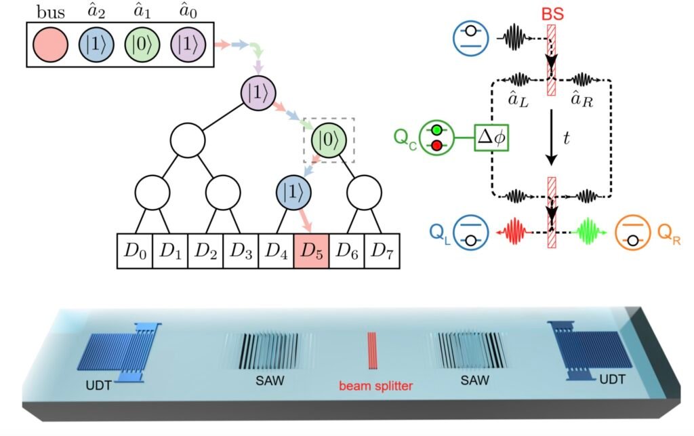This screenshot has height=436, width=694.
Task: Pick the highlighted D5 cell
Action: click(x=311, y=251)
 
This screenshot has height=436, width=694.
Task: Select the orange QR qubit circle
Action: click(x=632, y=231)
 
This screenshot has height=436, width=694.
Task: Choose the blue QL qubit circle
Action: click(x=470, y=231)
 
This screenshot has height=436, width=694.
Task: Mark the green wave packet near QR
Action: click(x=588, y=231)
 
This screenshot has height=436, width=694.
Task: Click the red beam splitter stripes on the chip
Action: click(x=371, y=350)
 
